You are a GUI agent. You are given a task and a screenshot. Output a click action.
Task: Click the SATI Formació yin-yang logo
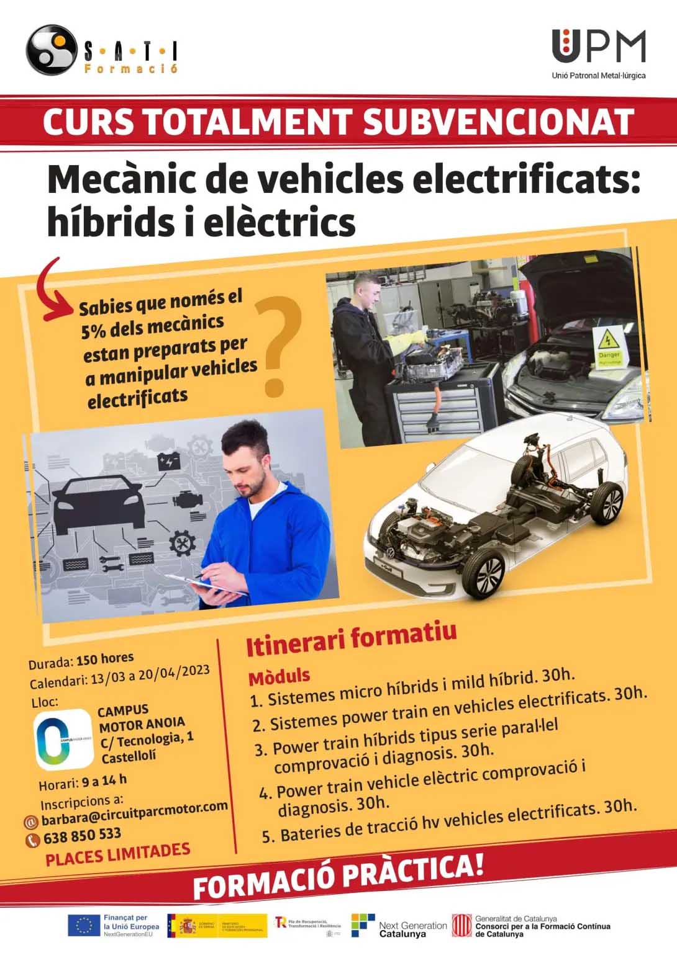point(50,50)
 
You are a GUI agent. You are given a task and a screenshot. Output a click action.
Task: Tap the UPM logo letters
point(598,46)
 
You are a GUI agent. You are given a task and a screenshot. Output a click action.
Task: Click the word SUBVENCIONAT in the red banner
point(498,122)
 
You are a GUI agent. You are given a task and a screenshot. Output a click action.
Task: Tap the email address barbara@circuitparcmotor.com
point(134,813)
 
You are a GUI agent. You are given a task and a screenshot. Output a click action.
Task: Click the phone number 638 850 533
point(82,836)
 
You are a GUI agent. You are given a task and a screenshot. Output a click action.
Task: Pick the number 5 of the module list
point(268,837)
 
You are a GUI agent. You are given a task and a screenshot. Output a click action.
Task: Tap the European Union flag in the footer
point(84,926)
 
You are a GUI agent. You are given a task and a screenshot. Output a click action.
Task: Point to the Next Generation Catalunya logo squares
point(363,925)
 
